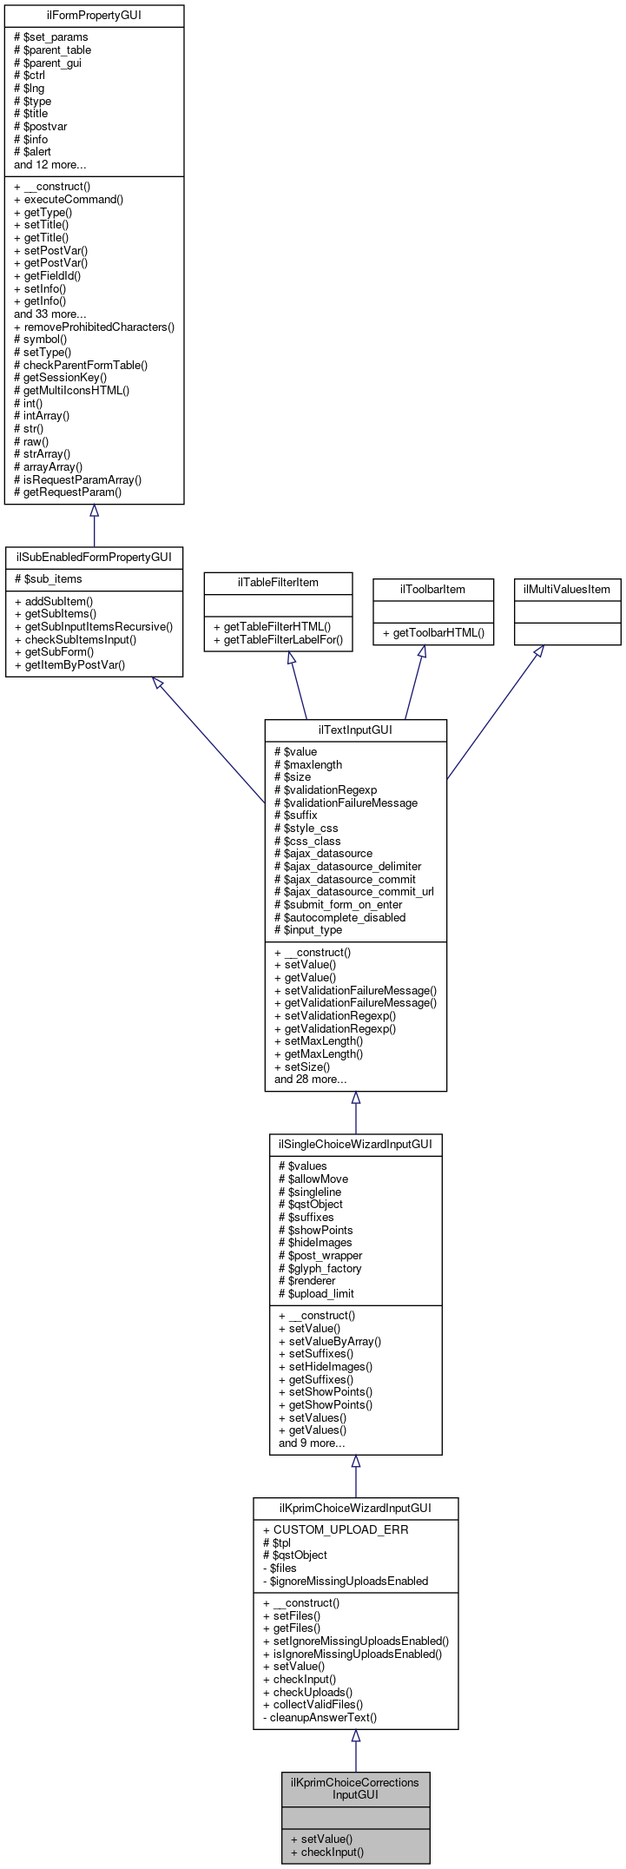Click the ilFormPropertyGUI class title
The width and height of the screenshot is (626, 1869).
[94, 16]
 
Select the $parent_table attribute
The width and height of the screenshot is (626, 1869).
[52, 50]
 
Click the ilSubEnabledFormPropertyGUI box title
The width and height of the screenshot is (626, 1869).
[94, 557]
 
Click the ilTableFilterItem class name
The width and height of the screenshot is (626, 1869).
[278, 583]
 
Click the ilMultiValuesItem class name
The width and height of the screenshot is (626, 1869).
[567, 590]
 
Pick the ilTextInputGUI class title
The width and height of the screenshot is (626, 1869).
[355, 730]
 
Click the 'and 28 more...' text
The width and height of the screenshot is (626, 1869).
[310, 1080]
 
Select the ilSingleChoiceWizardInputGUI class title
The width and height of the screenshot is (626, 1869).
[355, 1145]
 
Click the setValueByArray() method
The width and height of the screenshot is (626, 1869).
[329, 1342]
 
